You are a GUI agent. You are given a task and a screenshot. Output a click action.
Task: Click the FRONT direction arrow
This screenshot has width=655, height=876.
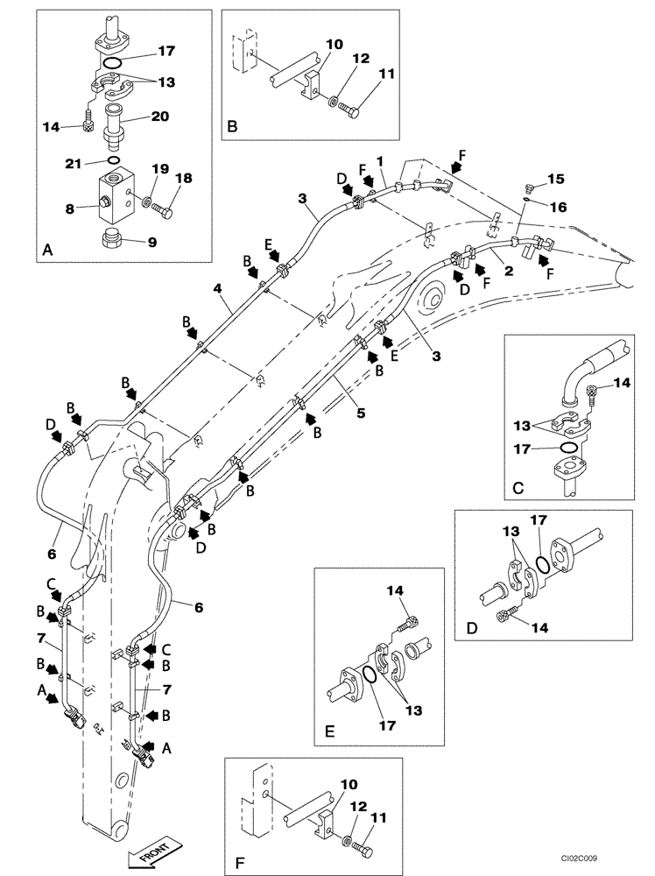point(155,854)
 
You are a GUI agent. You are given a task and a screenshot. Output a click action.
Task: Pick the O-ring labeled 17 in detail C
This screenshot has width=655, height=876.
point(568,449)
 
